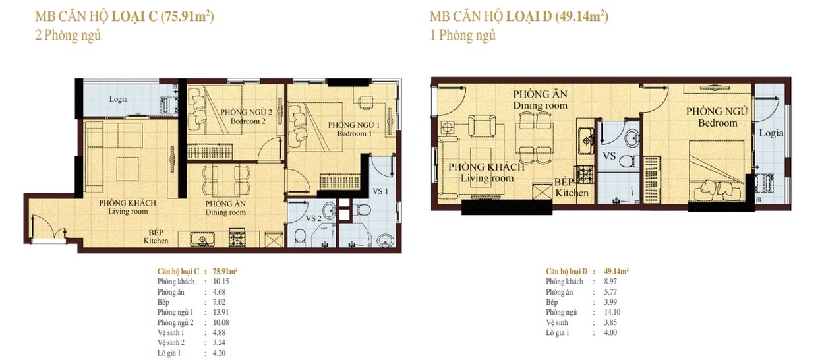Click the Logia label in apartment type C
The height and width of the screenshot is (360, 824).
[118, 99]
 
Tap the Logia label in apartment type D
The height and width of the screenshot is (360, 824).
[771, 133]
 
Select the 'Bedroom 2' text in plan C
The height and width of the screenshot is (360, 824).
[248, 121]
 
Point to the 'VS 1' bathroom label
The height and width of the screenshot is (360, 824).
[380, 191]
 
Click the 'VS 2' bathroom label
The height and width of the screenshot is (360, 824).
[313, 218]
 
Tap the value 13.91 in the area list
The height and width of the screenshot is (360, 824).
[221, 312]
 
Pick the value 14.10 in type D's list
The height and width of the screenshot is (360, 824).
[612, 312]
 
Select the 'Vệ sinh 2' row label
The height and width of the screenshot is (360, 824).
[171, 343]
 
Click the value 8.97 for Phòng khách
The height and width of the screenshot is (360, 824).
[610, 282]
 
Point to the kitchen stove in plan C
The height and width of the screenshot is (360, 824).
[237, 237]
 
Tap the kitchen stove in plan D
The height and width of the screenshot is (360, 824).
[585, 175]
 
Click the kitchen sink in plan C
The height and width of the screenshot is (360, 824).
[202, 239]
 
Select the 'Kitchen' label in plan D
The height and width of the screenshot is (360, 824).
[572, 193]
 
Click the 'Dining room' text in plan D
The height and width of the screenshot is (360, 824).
[540, 105]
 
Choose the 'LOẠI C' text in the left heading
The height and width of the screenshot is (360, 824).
[134, 17]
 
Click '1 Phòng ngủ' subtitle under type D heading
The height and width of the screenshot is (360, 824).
[463, 36]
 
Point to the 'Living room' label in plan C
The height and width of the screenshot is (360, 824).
[128, 212]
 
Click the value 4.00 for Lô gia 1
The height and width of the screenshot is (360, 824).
[610, 333]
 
